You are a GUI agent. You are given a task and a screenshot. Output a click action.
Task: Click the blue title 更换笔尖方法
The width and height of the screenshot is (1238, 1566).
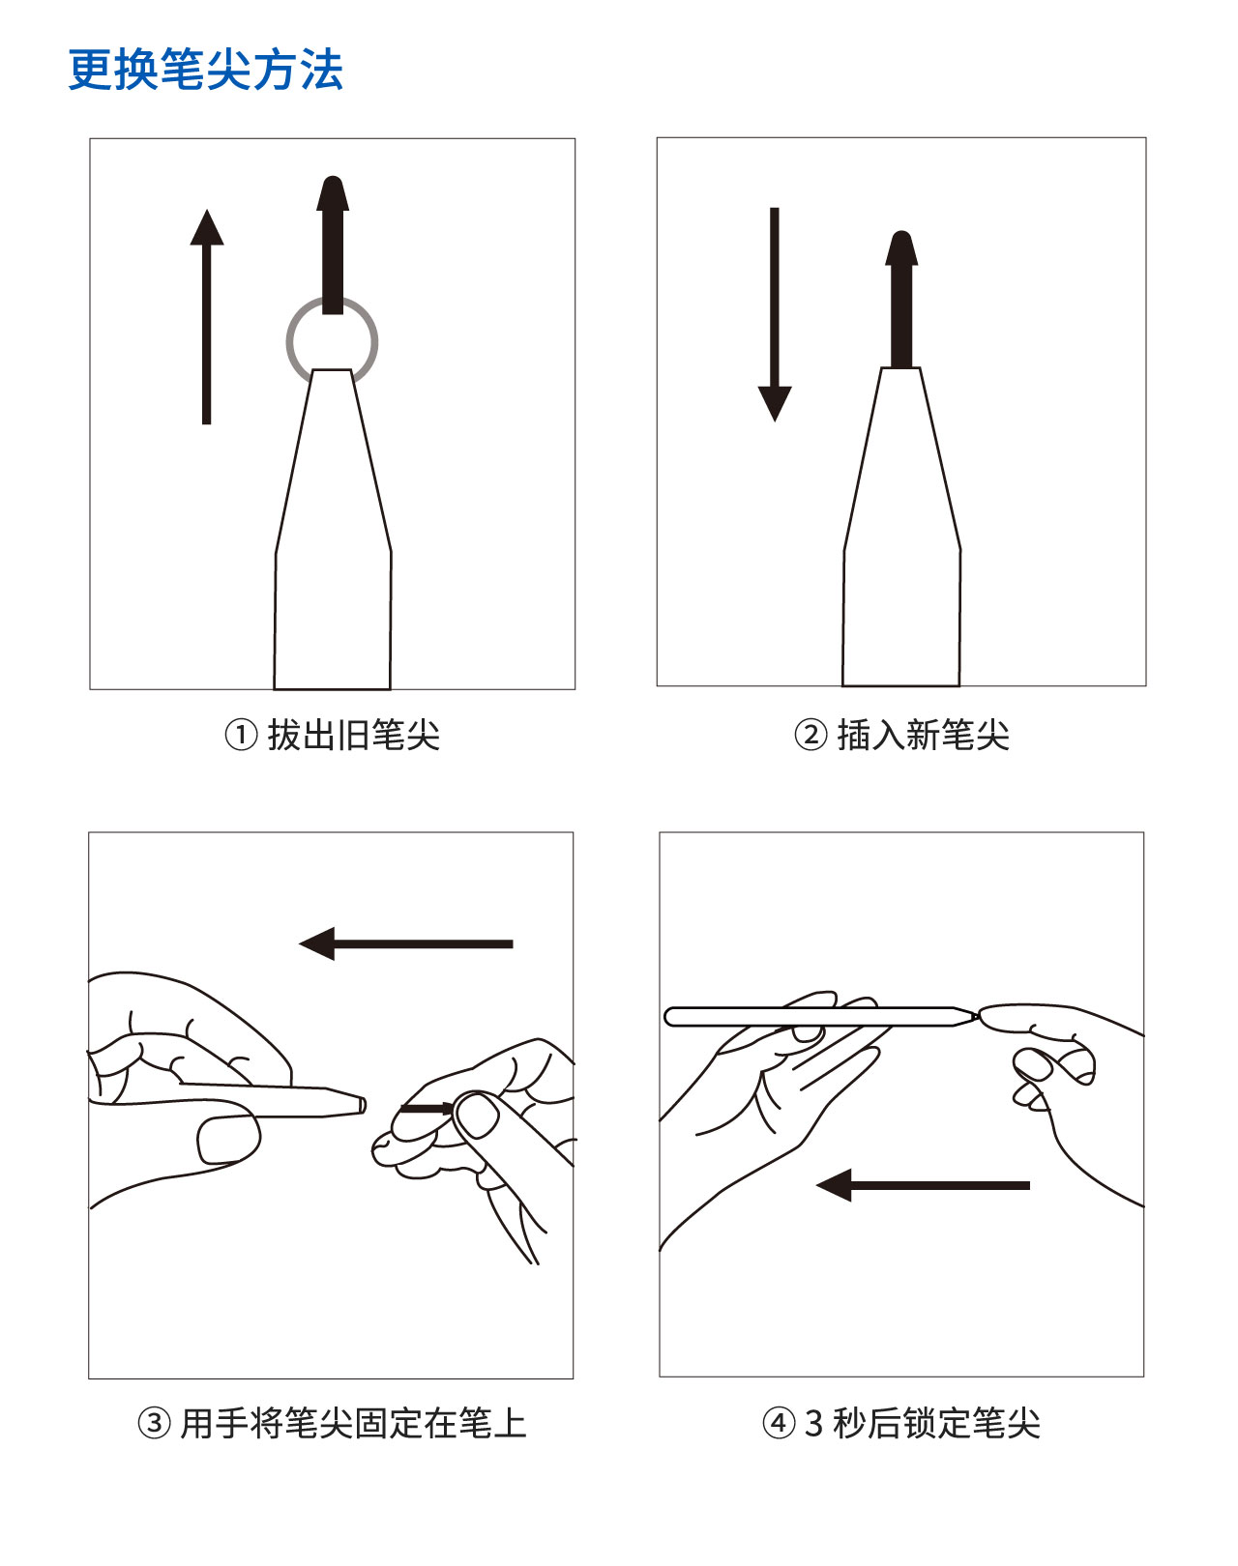pyautogui.click(x=205, y=70)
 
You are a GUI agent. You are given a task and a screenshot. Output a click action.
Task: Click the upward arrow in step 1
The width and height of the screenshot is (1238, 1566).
pyautogui.click(x=207, y=316)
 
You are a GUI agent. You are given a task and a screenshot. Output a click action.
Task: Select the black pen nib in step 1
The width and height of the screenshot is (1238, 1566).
pyautogui.click(x=333, y=246)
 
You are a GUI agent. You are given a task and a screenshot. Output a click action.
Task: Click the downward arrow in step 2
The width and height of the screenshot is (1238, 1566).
pyautogui.click(x=775, y=314)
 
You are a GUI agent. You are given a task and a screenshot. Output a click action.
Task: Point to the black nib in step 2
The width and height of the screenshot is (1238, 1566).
pyautogui.click(x=901, y=299)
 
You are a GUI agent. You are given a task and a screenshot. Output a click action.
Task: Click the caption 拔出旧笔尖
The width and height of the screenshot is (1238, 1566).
pyautogui.click(x=354, y=735)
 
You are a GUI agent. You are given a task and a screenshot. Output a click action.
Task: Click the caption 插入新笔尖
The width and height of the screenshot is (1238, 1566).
pyautogui.click(x=924, y=735)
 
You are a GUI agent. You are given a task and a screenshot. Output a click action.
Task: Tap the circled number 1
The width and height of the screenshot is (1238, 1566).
pyautogui.click(x=241, y=735)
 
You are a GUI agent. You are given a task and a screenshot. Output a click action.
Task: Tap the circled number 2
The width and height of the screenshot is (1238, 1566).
pyautogui.click(x=811, y=735)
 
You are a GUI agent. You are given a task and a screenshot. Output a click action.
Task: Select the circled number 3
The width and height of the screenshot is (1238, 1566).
pyautogui.click(x=155, y=1423)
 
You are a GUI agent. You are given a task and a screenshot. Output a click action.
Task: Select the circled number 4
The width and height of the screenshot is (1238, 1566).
pyautogui.click(x=779, y=1423)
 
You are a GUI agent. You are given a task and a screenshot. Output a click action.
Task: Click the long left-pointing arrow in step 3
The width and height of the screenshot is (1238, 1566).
pyautogui.click(x=406, y=943)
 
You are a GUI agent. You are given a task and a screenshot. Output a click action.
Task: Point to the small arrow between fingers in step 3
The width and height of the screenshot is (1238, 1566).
pyautogui.click(x=427, y=1109)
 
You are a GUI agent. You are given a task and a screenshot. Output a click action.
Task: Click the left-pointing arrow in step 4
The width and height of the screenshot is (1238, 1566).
pyautogui.click(x=923, y=1185)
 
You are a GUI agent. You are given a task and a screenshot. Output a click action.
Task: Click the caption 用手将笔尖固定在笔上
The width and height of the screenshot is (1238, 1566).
pyautogui.click(x=353, y=1423)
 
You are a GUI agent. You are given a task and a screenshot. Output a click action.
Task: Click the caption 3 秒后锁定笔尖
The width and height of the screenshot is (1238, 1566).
pyautogui.click(x=922, y=1423)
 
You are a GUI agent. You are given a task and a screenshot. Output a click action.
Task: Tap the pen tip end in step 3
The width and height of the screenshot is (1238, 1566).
pyautogui.click(x=364, y=1105)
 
